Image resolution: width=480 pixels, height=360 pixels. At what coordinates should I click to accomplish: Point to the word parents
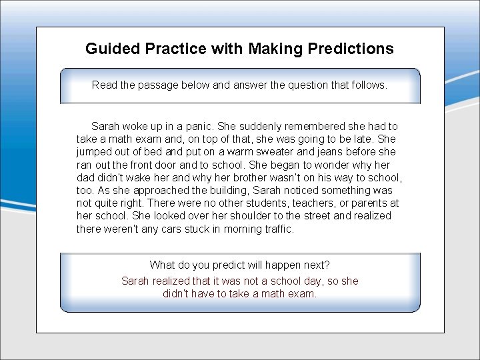(x=367, y=203)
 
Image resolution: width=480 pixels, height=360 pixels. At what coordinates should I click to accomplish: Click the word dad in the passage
(x=86, y=178)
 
